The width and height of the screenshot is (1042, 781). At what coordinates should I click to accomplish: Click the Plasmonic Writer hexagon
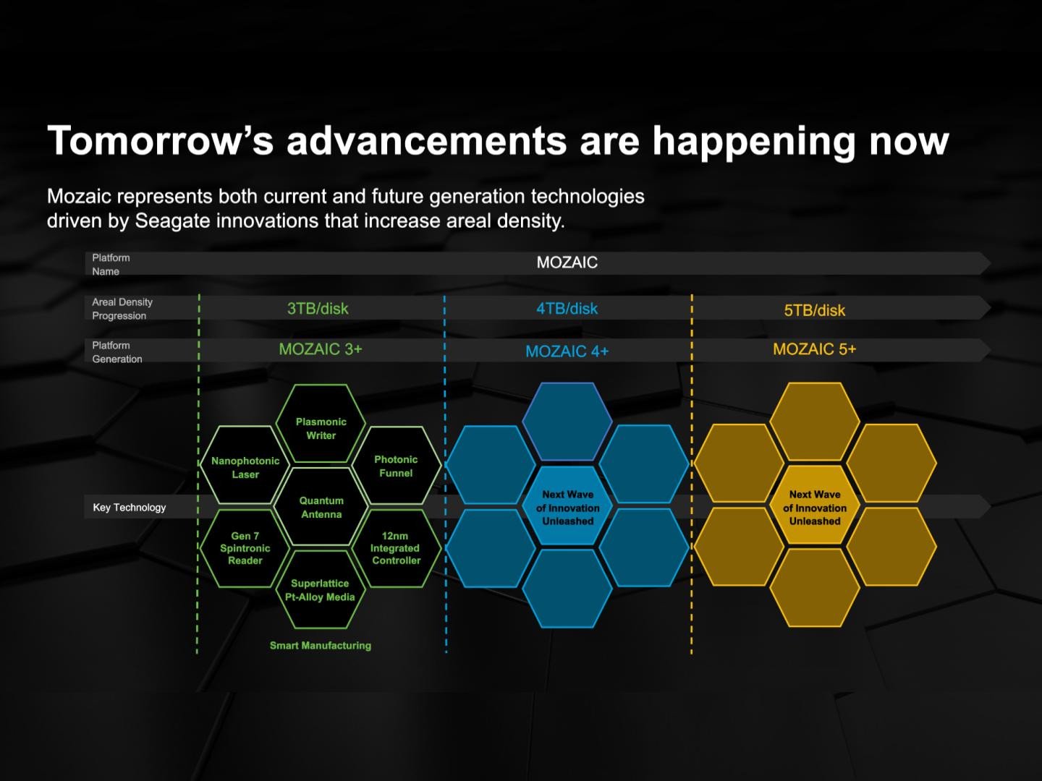pos(321,424)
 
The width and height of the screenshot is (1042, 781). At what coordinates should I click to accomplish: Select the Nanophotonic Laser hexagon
pos(245,465)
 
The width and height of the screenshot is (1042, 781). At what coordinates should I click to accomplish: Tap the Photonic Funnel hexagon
pos(397,465)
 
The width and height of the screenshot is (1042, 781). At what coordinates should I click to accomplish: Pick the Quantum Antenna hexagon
pos(321,506)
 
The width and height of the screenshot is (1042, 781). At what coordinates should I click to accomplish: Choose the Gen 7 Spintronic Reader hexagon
pos(245,548)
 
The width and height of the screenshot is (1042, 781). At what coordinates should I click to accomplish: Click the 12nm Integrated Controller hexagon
pos(397,548)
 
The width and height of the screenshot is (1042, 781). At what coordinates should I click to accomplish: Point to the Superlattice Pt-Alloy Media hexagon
pos(321,589)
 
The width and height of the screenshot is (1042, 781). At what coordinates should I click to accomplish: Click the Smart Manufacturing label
pos(321,645)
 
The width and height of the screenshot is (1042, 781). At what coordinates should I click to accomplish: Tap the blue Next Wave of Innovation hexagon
pos(567,505)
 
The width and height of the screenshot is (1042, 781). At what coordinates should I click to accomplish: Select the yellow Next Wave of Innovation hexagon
pos(815,505)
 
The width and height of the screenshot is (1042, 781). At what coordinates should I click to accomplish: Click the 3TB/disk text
pos(318,309)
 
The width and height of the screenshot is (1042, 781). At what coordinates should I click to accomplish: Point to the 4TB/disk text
pos(567,309)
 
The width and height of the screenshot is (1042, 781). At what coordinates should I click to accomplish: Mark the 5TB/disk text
pos(815,311)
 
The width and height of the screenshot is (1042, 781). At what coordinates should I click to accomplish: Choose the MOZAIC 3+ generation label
pos(321,349)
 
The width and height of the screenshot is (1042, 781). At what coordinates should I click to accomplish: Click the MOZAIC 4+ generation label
pos(567,351)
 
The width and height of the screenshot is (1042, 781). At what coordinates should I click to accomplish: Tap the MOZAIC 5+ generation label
pos(815,349)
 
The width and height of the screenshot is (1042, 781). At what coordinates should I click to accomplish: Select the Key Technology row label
pos(129,508)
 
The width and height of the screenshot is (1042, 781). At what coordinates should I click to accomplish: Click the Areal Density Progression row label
pos(122,309)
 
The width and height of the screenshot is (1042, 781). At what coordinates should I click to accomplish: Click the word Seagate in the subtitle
pos(172,221)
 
